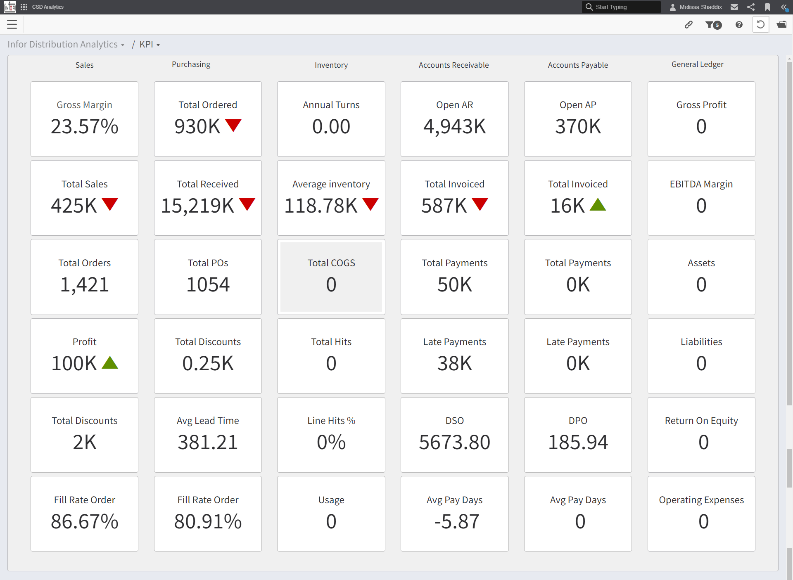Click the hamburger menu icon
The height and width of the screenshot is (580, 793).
[12, 25]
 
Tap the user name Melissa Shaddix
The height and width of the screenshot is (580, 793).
[700, 7]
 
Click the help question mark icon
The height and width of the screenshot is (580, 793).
[739, 25]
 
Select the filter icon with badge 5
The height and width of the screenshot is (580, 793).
[713, 25]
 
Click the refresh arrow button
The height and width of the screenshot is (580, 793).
[760, 25]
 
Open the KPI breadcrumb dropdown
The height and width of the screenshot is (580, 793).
[150, 45]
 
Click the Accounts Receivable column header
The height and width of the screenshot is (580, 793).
[453, 65]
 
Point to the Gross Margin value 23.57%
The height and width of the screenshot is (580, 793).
[84, 126]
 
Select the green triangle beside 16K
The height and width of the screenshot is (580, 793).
[598, 205]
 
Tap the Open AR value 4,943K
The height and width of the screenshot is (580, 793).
[454, 126]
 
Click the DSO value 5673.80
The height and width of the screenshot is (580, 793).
[454, 442]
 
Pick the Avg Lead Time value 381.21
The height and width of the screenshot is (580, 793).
[208, 442]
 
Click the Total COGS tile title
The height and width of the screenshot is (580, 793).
[331, 263]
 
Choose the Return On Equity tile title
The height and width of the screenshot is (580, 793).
[701, 421]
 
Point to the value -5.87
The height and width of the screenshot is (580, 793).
[456, 521]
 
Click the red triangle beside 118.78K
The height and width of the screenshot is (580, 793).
[370, 204]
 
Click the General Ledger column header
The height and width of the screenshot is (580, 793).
[697, 64]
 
